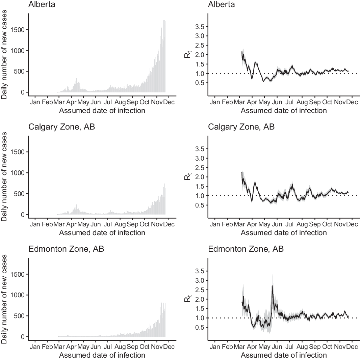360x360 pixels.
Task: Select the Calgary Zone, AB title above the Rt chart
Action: click(x=241, y=127)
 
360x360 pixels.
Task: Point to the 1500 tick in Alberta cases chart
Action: click(x=18, y=30)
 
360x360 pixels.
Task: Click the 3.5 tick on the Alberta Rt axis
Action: click(x=199, y=27)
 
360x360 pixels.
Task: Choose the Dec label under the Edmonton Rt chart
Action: click(x=352, y=347)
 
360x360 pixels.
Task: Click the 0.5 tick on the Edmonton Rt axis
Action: click(x=199, y=327)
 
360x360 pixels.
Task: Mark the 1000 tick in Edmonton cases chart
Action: click(x=18, y=295)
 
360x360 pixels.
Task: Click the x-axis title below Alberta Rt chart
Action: click(x=284, y=110)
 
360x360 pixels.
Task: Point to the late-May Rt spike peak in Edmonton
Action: click(x=272, y=286)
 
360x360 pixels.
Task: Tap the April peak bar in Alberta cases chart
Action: click(x=77, y=79)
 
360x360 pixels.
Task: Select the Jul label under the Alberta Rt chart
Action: click(x=289, y=102)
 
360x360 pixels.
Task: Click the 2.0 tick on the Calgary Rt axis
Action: click(x=199, y=177)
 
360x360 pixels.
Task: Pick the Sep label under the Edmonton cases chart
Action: click(x=132, y=347)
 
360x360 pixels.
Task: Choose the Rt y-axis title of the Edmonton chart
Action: click(x=188, y=298)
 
